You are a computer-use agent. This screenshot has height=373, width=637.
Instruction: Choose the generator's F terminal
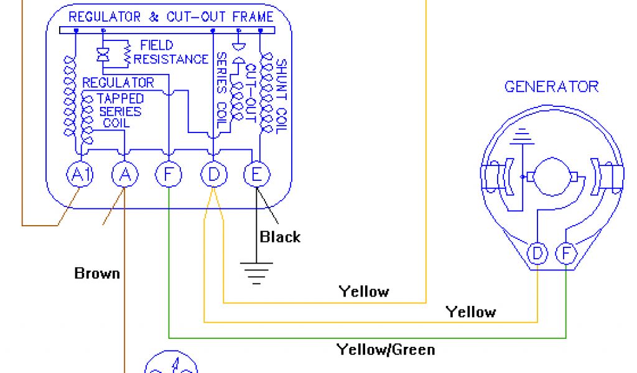[x=565, y=254]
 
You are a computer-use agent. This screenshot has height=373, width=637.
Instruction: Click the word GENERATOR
[x=551, y=86]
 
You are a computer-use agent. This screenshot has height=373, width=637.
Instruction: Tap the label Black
[x=280, y=237]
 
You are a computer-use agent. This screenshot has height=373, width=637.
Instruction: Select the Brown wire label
[x=97, y=273]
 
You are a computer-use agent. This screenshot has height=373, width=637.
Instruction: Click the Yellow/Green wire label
[x=386, y=349]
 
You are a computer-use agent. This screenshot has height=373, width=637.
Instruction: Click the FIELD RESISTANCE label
[x=169, y=52]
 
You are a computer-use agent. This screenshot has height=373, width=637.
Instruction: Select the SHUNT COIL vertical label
[x=281, y=96]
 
